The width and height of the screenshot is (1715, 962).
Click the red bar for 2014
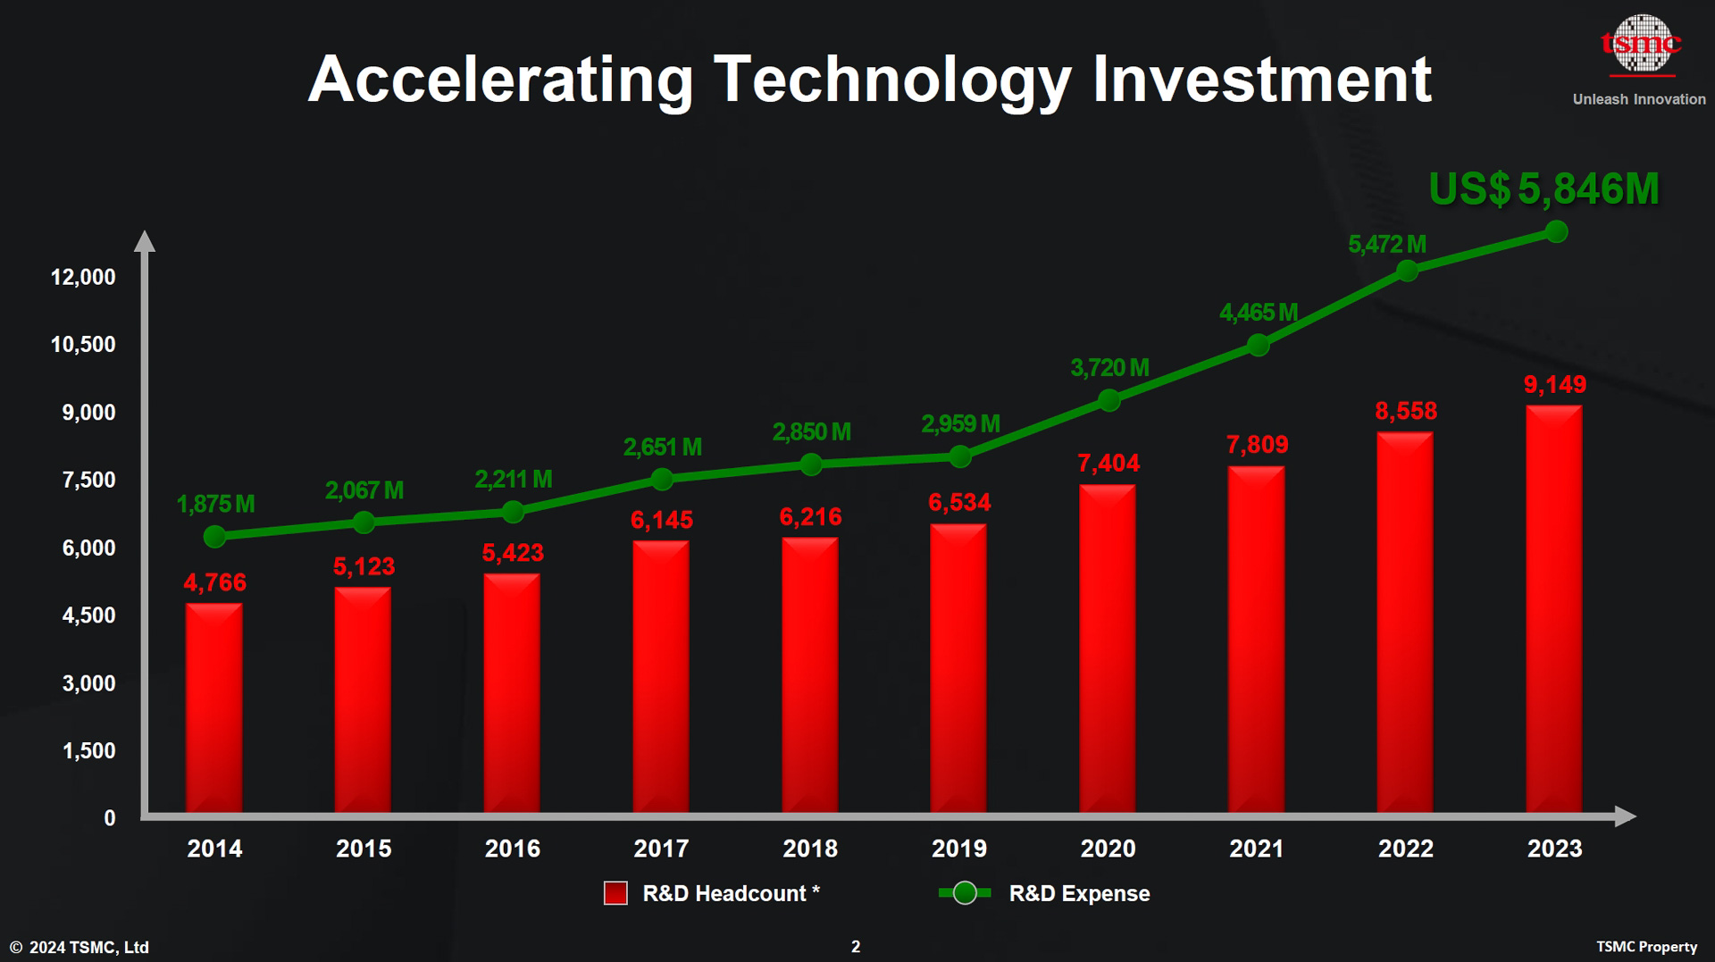[213, 707]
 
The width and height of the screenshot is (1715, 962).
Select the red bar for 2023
[1554, 608]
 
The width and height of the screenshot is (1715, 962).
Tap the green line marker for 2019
[960, 457]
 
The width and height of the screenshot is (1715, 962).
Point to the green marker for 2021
[1258, 345]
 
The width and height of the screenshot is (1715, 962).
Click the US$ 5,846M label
[1543, 189]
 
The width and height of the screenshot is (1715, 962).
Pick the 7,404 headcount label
[1108, 463]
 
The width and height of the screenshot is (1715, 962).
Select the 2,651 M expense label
[662, 447]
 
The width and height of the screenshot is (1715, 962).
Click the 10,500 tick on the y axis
[83, 345]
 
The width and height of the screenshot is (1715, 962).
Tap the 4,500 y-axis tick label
[88, 615]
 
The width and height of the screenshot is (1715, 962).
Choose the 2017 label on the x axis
[661, 849]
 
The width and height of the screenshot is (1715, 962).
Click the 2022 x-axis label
[1406, 849]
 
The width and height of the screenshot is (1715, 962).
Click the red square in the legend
[615, 893]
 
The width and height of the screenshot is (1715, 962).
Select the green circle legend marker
[965, 893]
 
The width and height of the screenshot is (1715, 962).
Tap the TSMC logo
[1641, 43]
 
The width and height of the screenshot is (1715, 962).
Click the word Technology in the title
[892, 80]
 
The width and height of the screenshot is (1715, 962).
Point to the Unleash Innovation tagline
[1639, 99]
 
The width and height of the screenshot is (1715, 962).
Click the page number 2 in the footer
[856, 947]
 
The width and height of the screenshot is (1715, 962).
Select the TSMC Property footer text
[1646, 947]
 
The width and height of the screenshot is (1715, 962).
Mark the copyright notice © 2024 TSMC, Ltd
[79, 947]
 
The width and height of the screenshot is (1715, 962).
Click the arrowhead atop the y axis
[145, 241]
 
